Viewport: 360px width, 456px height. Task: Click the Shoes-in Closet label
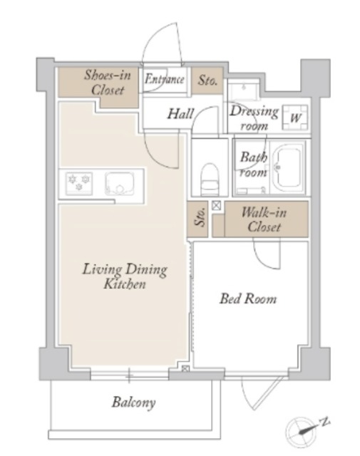pos(108,83)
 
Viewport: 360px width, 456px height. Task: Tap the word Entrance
pos(165,79)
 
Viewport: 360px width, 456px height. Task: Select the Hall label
pos(180,114)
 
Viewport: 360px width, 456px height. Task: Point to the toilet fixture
pos(210,179)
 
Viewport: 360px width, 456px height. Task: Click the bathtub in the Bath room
pos(289,167)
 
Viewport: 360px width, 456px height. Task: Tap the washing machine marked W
pos(295,118)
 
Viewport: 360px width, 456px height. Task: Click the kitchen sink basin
pos(119,184)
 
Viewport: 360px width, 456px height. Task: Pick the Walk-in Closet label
pos(264,219)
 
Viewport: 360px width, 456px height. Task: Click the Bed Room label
pos(248,299)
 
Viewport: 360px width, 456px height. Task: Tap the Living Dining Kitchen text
pos(125,276)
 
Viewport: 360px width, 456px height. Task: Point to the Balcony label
pos(133,403)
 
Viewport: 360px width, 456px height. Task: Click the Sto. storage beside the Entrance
pos(207,81)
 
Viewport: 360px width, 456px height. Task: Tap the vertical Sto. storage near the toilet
pos(197,219)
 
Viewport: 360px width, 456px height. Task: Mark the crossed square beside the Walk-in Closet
pos(216,206)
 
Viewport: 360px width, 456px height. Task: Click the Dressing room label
pos(254,118)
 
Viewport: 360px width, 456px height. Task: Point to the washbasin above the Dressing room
pos(243,91)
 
